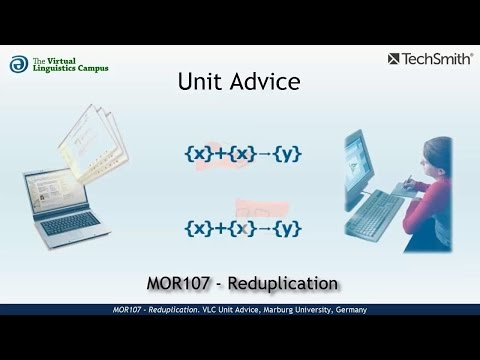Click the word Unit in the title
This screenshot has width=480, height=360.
coord(200,81)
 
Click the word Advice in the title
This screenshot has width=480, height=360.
coord(262,81)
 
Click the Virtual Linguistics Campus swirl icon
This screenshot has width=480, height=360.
coord(18,64)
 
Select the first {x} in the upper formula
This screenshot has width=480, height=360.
coord(198,154)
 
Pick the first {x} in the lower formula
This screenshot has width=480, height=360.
coord(198,227)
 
